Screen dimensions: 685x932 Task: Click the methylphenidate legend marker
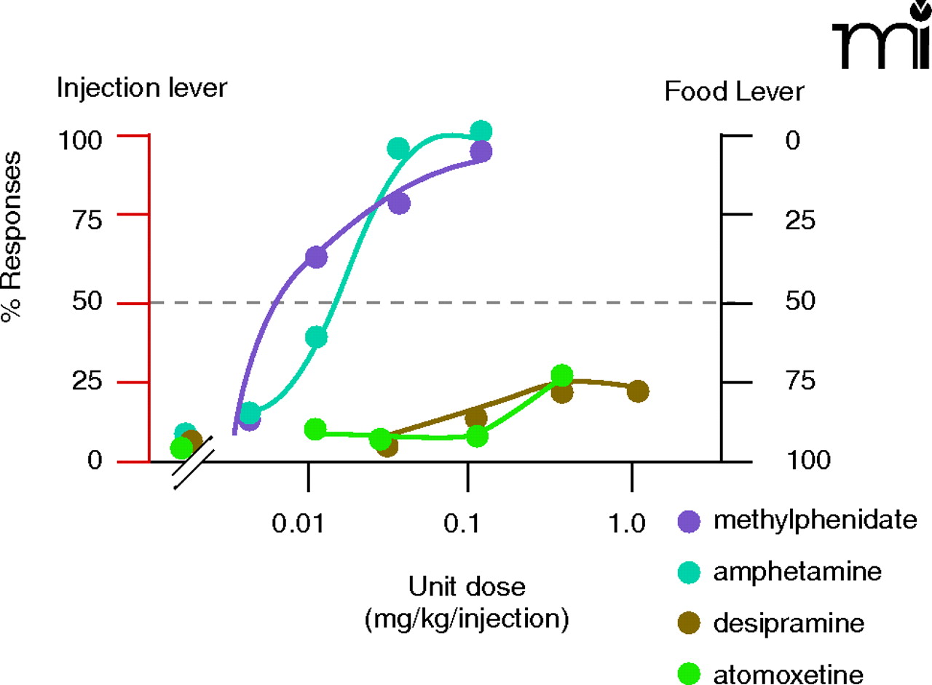click(688, 520)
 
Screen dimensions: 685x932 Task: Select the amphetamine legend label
click(797, 571)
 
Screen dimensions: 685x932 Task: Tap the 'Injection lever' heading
click(143, 90)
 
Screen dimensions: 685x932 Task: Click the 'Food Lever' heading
click(735, 92)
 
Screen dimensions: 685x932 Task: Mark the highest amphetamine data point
click(481, 132)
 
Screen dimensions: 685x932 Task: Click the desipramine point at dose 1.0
click(638, 391)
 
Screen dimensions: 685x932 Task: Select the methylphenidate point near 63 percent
click(316, 257)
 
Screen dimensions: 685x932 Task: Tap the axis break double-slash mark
click(194, 462)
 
